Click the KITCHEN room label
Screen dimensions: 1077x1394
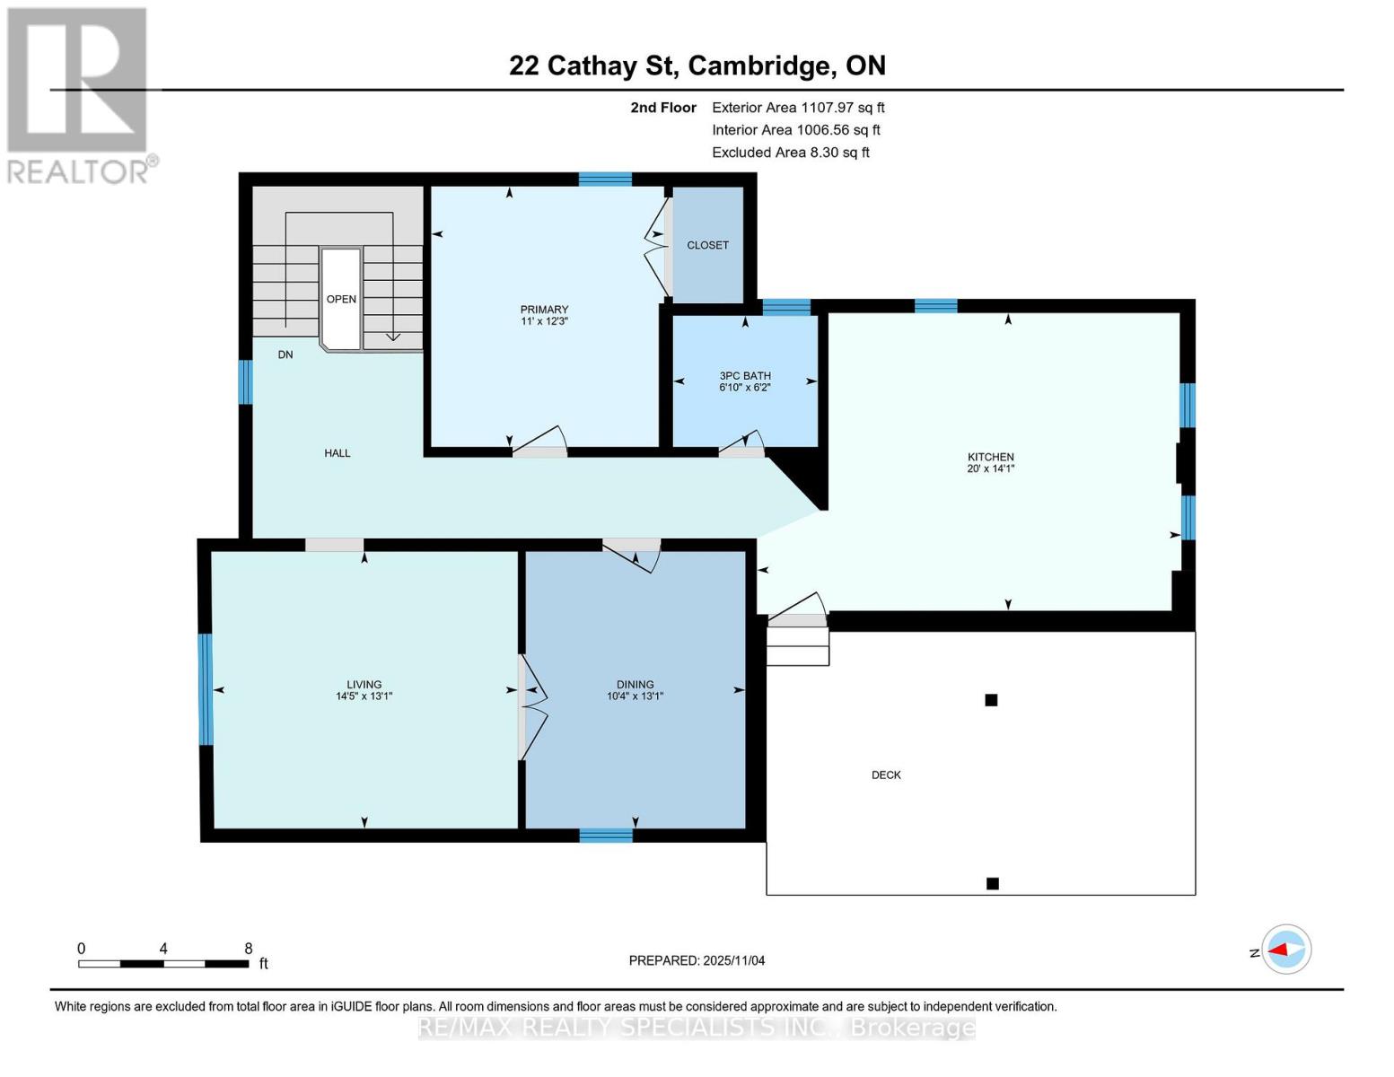(x=990, y=457)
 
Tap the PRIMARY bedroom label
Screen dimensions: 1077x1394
(x=544, y=310)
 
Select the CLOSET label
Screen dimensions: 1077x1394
(x=707, y=245)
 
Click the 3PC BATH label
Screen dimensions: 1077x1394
(x=744, y=376)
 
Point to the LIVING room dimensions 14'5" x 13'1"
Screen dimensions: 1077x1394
(x=364, y=696)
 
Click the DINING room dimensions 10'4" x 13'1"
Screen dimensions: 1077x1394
(x=635, y=696)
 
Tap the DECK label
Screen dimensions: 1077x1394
(x=885, y=775)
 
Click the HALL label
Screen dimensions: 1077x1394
(x=338, y=453)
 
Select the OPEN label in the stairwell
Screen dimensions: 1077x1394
(x=341, y=299)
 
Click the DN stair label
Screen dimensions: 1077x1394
(x=285, y=355)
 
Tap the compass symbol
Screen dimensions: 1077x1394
(x=1286, y=950)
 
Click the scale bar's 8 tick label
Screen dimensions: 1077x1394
(x=249, y=949)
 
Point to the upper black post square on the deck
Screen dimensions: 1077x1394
(x=991, y=700)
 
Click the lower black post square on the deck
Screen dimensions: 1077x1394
(x=992, y=883)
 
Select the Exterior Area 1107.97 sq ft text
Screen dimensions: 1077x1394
(x=798, y=108)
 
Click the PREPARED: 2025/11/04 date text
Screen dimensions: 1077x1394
(x=697, y=960)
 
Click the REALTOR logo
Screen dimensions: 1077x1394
(x=79, y=94)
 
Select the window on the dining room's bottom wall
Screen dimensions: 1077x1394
(x=606, y=836)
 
